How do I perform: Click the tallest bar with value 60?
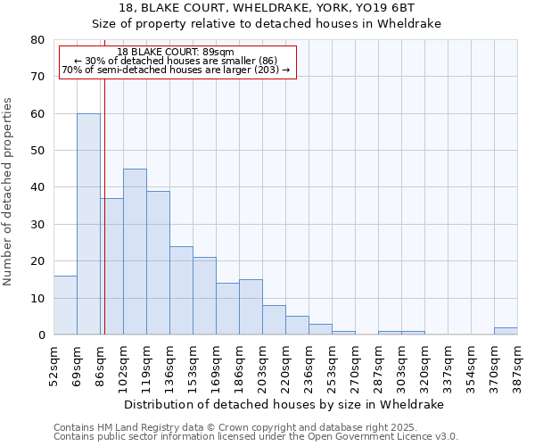(x=88, y=224)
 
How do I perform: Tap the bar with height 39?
(x=158, y=263)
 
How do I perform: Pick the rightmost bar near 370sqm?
(x=506, y=331)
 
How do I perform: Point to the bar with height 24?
(x=181, y=291)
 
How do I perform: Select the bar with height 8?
(x=274, y=320)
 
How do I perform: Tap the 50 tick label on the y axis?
(x=37, y=151)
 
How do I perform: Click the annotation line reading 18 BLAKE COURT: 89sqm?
(x=176, y=53)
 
